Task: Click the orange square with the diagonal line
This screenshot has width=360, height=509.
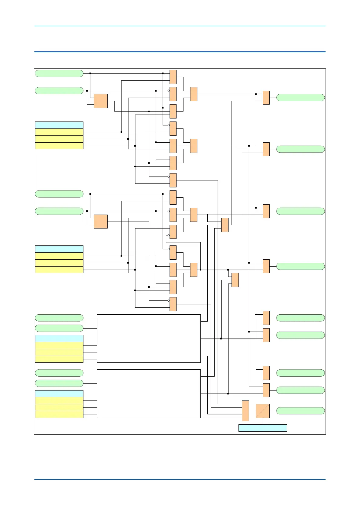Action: coord(262,411)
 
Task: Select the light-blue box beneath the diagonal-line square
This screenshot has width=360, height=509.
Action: coord(262,428)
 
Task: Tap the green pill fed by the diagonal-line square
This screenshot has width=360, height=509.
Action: coord(300,411)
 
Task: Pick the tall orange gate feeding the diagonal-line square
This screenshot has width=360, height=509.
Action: coord(245,411)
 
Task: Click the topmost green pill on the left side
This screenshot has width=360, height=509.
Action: coord(59,73)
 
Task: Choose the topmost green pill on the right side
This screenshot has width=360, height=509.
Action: coord(300,98)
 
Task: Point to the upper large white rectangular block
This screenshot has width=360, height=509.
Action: coord(149,339)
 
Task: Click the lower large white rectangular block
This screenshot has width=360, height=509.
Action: coord(149,394)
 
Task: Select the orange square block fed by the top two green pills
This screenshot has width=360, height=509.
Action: coord(101,101)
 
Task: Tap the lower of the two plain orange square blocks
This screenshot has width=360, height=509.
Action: coord(101,222)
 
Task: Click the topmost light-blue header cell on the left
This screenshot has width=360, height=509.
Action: coord(59,125)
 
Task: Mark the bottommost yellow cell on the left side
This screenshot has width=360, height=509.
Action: coord(59,414)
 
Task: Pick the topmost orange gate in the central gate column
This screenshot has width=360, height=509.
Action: coord(173,77)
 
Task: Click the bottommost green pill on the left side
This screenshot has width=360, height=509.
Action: coord(59,383)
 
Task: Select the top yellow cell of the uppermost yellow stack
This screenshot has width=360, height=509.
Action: coord(59,132)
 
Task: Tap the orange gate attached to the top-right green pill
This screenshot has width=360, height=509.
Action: coord(266,98)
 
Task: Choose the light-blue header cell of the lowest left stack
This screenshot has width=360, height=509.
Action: coord(59,394)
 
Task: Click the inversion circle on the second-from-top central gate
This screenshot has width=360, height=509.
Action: coord(169,91)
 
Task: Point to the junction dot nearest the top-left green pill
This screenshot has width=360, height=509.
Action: coord(90,73)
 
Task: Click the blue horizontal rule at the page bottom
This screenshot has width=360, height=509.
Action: coord(180,479)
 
